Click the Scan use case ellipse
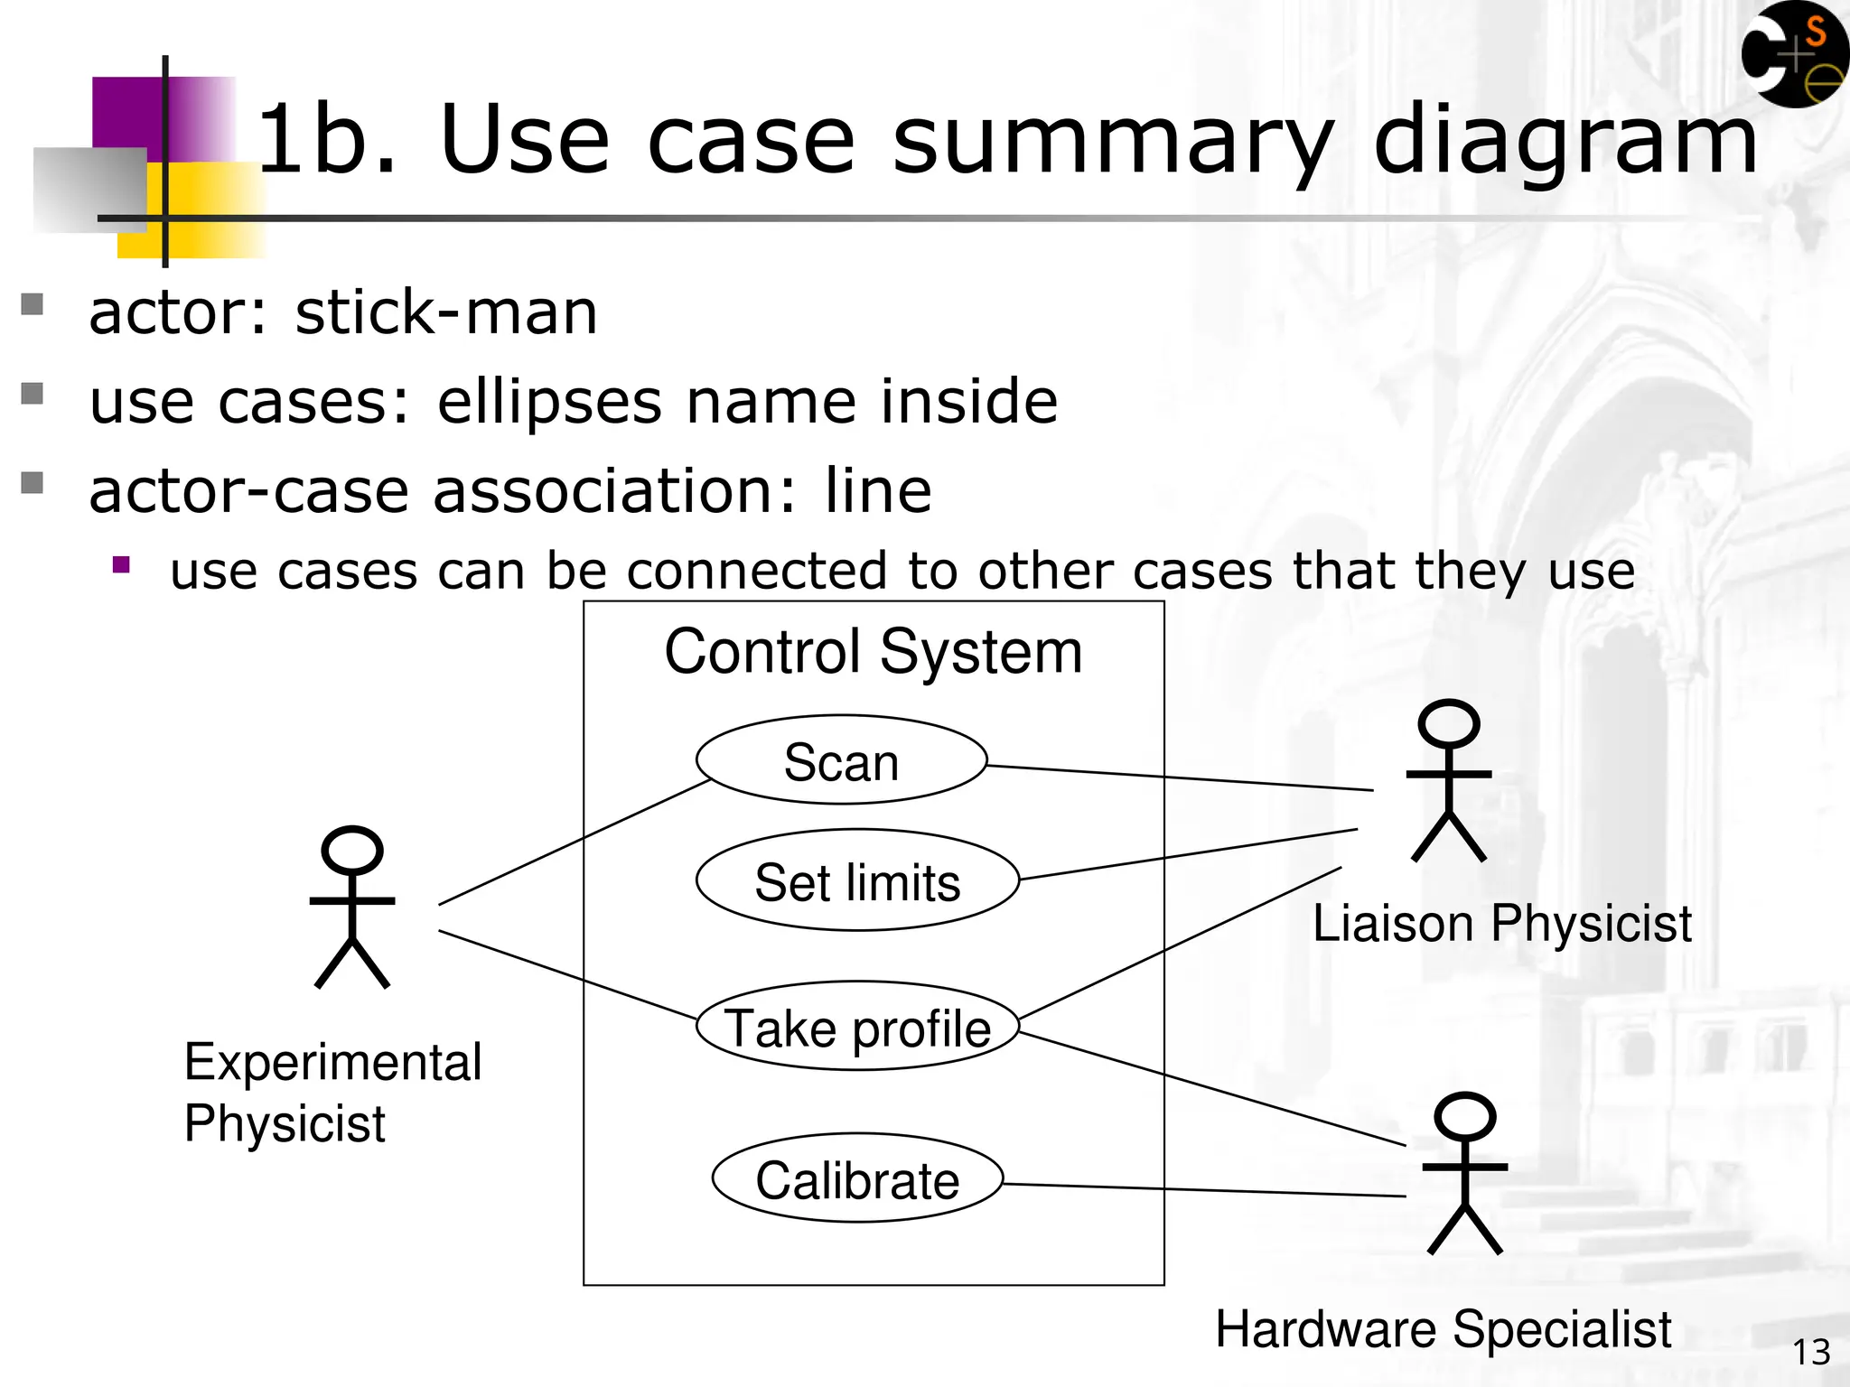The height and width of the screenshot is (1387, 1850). pyautogui.click(x=841, y=760)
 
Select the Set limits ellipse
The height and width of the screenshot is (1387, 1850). pyautogui.click(x=857, y=880)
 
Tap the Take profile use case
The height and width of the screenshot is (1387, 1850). pyautogui.click(x=857, y=1027)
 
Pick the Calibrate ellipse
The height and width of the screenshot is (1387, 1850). pyautogui.click(x=857, y=1178)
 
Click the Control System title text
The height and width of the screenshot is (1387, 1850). pyautogui.click(x=873, y=651)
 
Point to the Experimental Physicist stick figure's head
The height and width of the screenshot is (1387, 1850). pyautogui.click(x=352, y=851)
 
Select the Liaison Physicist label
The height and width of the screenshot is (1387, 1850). pyautogui.click(x=1501, y=923)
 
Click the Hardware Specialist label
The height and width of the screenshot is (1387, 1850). pyautogui.click(x=1443, y=1328)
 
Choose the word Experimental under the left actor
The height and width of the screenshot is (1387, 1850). pyautogui.click(x=332, y=1062)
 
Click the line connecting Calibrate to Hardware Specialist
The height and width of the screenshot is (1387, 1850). pyautogui.click(x=1201, y=1190)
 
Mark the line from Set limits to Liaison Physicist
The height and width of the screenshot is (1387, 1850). pyautogui.click(x=1188, y=854)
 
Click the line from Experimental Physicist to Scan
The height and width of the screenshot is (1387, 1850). pyautogui.click(x=574, y=842)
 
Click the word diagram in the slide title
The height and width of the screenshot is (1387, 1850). pyautogui.click(x=1565, y=140)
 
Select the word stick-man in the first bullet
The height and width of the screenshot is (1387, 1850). pyautogui.click(x=446, y=312)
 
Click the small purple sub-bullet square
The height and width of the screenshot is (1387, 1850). pyautogui.click(x=122, y=566)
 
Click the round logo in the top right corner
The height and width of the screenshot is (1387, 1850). pyautogui.click(x=1793, y=54)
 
